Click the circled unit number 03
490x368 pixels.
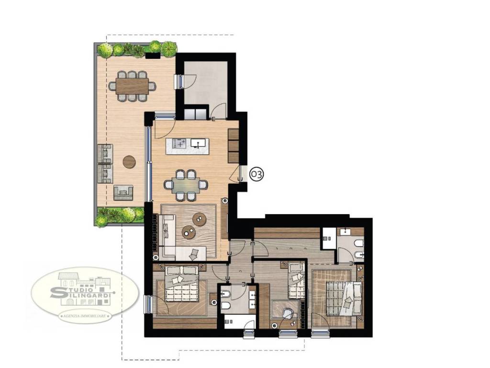point(256,174)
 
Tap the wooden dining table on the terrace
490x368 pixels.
point(132,86)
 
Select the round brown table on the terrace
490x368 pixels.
point(129,162)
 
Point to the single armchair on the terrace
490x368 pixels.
point(123,193)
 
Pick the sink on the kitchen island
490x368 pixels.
point(198,143)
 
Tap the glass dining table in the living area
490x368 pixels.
point(186,185)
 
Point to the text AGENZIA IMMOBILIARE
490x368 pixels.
point(86,316)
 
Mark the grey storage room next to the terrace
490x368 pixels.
point(205,83)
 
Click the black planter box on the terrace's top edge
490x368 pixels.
point(153,56)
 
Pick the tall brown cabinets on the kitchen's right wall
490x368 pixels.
point(234,146)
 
